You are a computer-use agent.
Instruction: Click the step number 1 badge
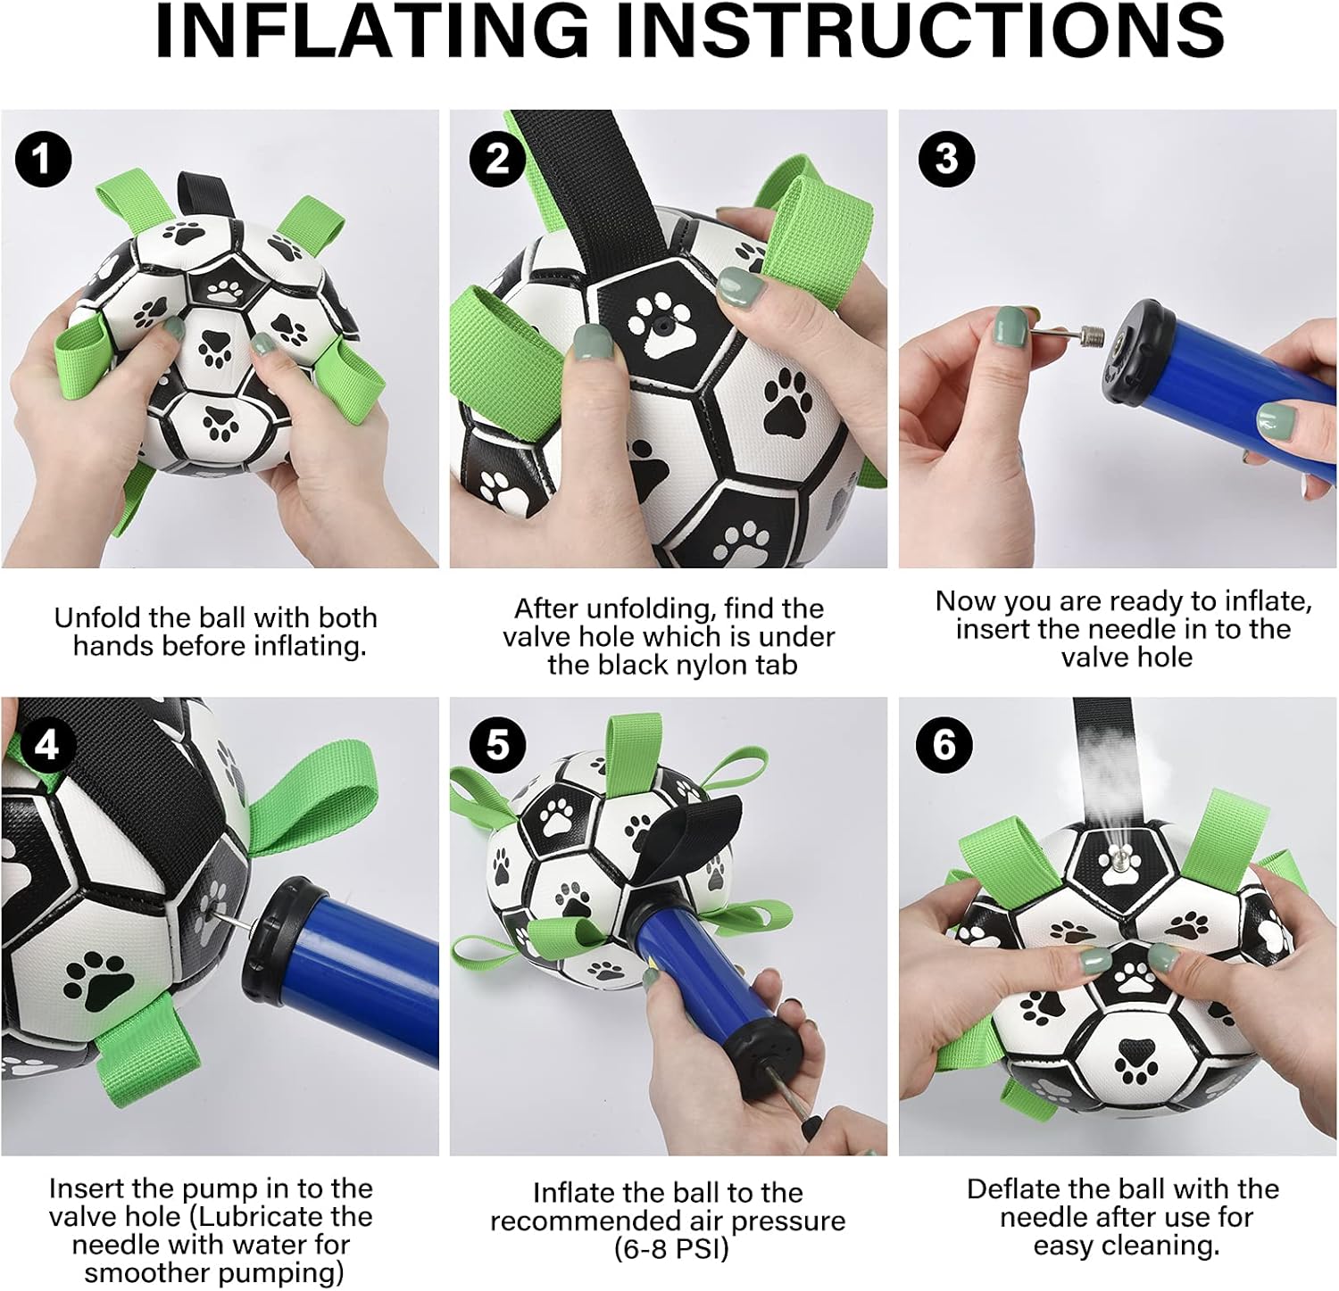point(43,160)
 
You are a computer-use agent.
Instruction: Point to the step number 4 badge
point(46,743)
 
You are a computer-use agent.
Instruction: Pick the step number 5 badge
point(497,743)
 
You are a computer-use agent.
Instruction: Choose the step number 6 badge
point(944,743)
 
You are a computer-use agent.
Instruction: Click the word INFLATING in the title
point(372,32)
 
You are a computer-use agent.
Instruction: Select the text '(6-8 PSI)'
point(671,1249)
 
